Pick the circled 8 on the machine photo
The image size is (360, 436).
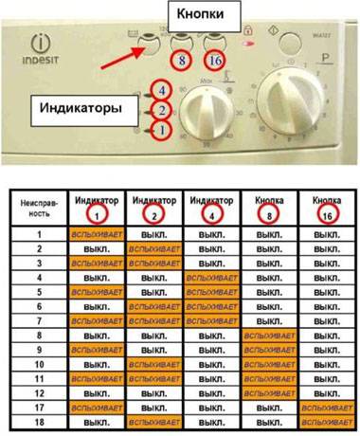[x=181, y=59]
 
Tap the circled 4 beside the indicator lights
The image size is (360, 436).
[x=162, y=90]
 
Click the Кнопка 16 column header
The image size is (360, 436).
[x=326, y=207]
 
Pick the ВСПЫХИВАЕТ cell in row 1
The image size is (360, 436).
[x=96, y=232]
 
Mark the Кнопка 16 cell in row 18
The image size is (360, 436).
[x=326, y=421]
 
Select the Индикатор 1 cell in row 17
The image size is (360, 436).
[x=96, y=406]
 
